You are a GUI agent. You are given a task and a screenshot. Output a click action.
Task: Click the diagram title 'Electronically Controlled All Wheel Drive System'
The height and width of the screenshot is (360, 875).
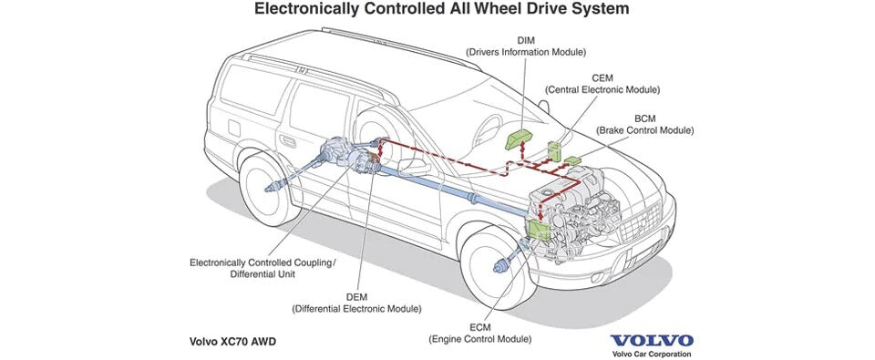pos(441,9)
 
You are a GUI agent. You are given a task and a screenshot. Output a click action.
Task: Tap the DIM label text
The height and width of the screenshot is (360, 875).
pos(526,41)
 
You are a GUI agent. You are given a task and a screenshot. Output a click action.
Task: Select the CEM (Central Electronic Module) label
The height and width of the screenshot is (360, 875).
pos(602,84)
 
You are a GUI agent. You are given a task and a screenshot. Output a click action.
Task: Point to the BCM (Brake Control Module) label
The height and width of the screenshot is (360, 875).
pos(644,125)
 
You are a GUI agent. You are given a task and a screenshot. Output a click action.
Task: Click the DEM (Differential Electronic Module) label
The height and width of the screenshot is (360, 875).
pos(356,303)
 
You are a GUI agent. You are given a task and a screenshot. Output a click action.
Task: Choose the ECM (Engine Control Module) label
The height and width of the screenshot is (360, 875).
pos(480,333)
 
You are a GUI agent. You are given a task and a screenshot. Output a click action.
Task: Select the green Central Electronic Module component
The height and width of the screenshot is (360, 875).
pos(555,150)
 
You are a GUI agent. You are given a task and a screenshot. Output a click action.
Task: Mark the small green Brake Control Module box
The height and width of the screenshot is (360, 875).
pos(573,160)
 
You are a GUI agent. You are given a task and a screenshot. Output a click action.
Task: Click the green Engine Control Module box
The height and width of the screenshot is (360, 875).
pos(539,230)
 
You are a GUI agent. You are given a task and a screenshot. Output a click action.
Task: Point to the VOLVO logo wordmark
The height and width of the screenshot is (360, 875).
pos(652,341)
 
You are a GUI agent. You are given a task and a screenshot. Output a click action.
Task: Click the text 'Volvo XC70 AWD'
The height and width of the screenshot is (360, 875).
pos(232,341)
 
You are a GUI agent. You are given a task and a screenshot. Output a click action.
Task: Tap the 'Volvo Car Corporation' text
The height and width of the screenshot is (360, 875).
pos(651,354)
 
